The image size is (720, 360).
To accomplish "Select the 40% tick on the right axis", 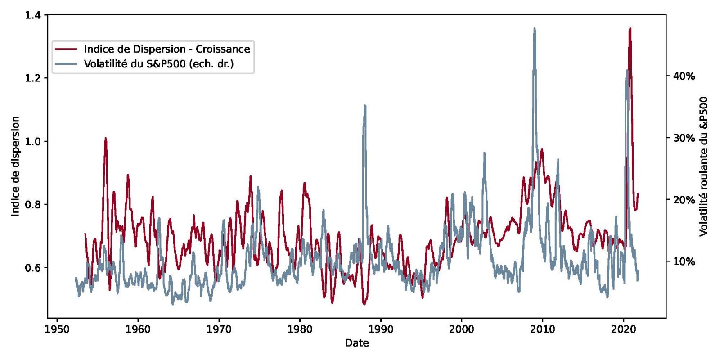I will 684,76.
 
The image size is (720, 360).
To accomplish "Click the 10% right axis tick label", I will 684,261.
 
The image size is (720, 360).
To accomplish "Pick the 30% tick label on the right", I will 684,138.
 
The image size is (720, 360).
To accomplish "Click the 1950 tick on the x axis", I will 57,329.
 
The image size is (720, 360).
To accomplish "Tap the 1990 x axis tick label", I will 381,329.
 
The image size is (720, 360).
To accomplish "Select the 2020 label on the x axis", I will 624,329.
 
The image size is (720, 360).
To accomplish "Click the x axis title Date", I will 357,343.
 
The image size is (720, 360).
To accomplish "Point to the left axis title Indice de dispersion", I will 16,166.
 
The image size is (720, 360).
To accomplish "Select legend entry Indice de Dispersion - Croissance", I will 167,49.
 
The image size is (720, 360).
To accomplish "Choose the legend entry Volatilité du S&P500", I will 159,64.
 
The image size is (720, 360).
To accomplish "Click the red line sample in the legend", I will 66,49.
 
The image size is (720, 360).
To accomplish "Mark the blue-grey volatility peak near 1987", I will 365,106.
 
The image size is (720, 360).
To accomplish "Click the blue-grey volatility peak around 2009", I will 535,29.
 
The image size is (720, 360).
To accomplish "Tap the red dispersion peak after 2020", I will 630,29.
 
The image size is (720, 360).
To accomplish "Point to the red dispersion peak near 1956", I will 106,139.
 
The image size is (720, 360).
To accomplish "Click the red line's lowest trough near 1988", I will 364,304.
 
